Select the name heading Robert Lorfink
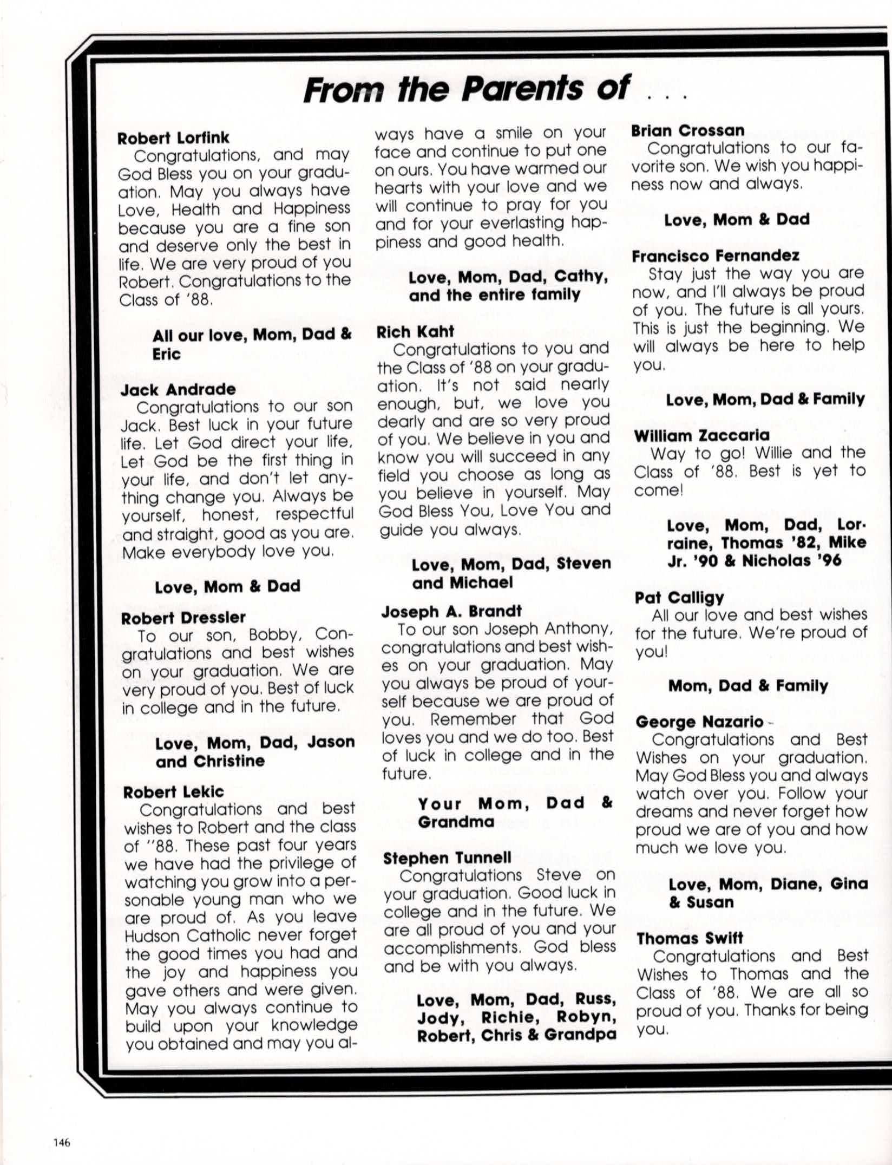point(173,138)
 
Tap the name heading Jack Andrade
point(178,389)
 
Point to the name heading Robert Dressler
point(183,618)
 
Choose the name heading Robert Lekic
point(173,792)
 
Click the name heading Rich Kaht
point(415,332)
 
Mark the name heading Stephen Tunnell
point(447,858)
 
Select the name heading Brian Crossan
point(687,130)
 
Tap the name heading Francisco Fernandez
point(715,256)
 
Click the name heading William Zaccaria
point(701,435)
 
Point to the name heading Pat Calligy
point(679,597)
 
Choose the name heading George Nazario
point(699,722)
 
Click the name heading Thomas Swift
point(690,938)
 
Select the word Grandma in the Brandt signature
point(456,822)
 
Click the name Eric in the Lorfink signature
point(166,354)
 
